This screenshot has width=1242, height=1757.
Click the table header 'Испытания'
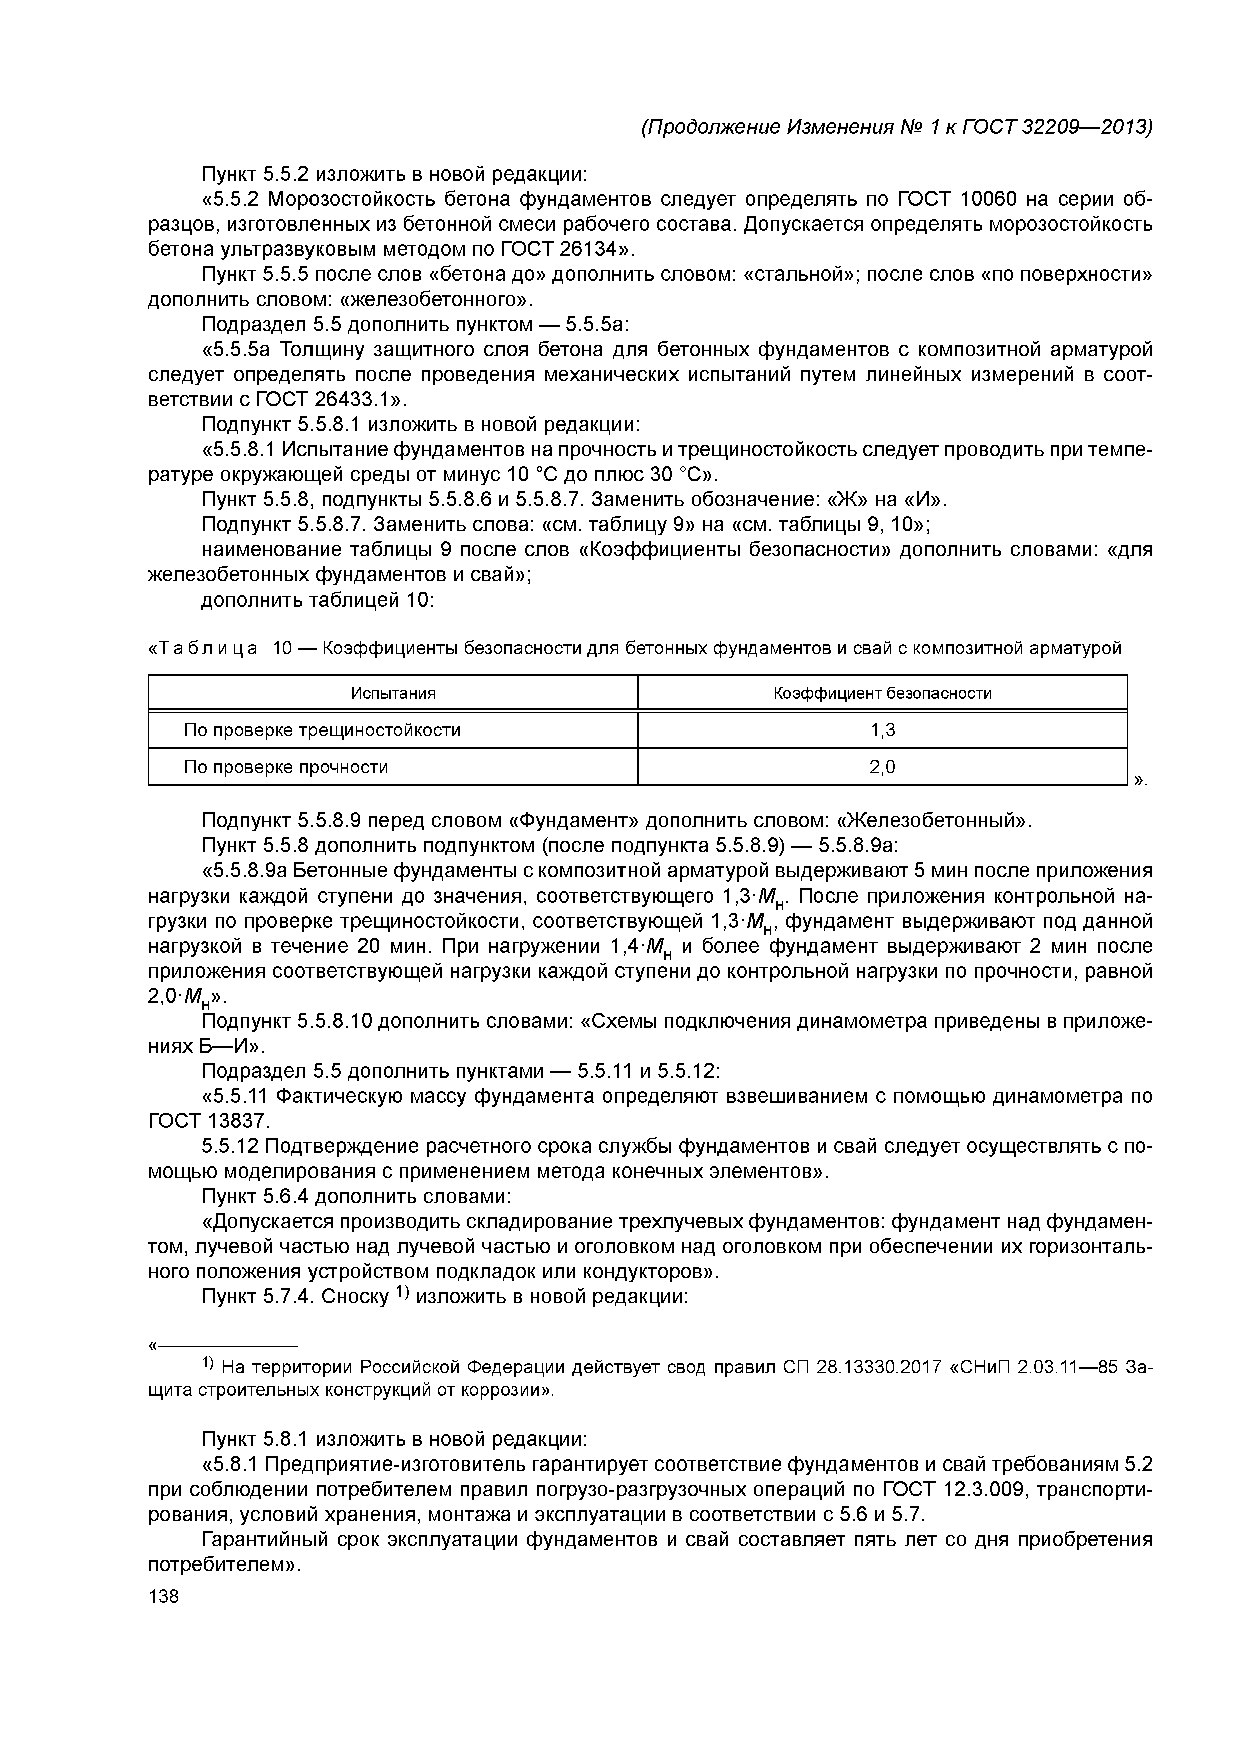click(x=393, y=693)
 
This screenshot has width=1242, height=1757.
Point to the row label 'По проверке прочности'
click(x=285, y=767)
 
